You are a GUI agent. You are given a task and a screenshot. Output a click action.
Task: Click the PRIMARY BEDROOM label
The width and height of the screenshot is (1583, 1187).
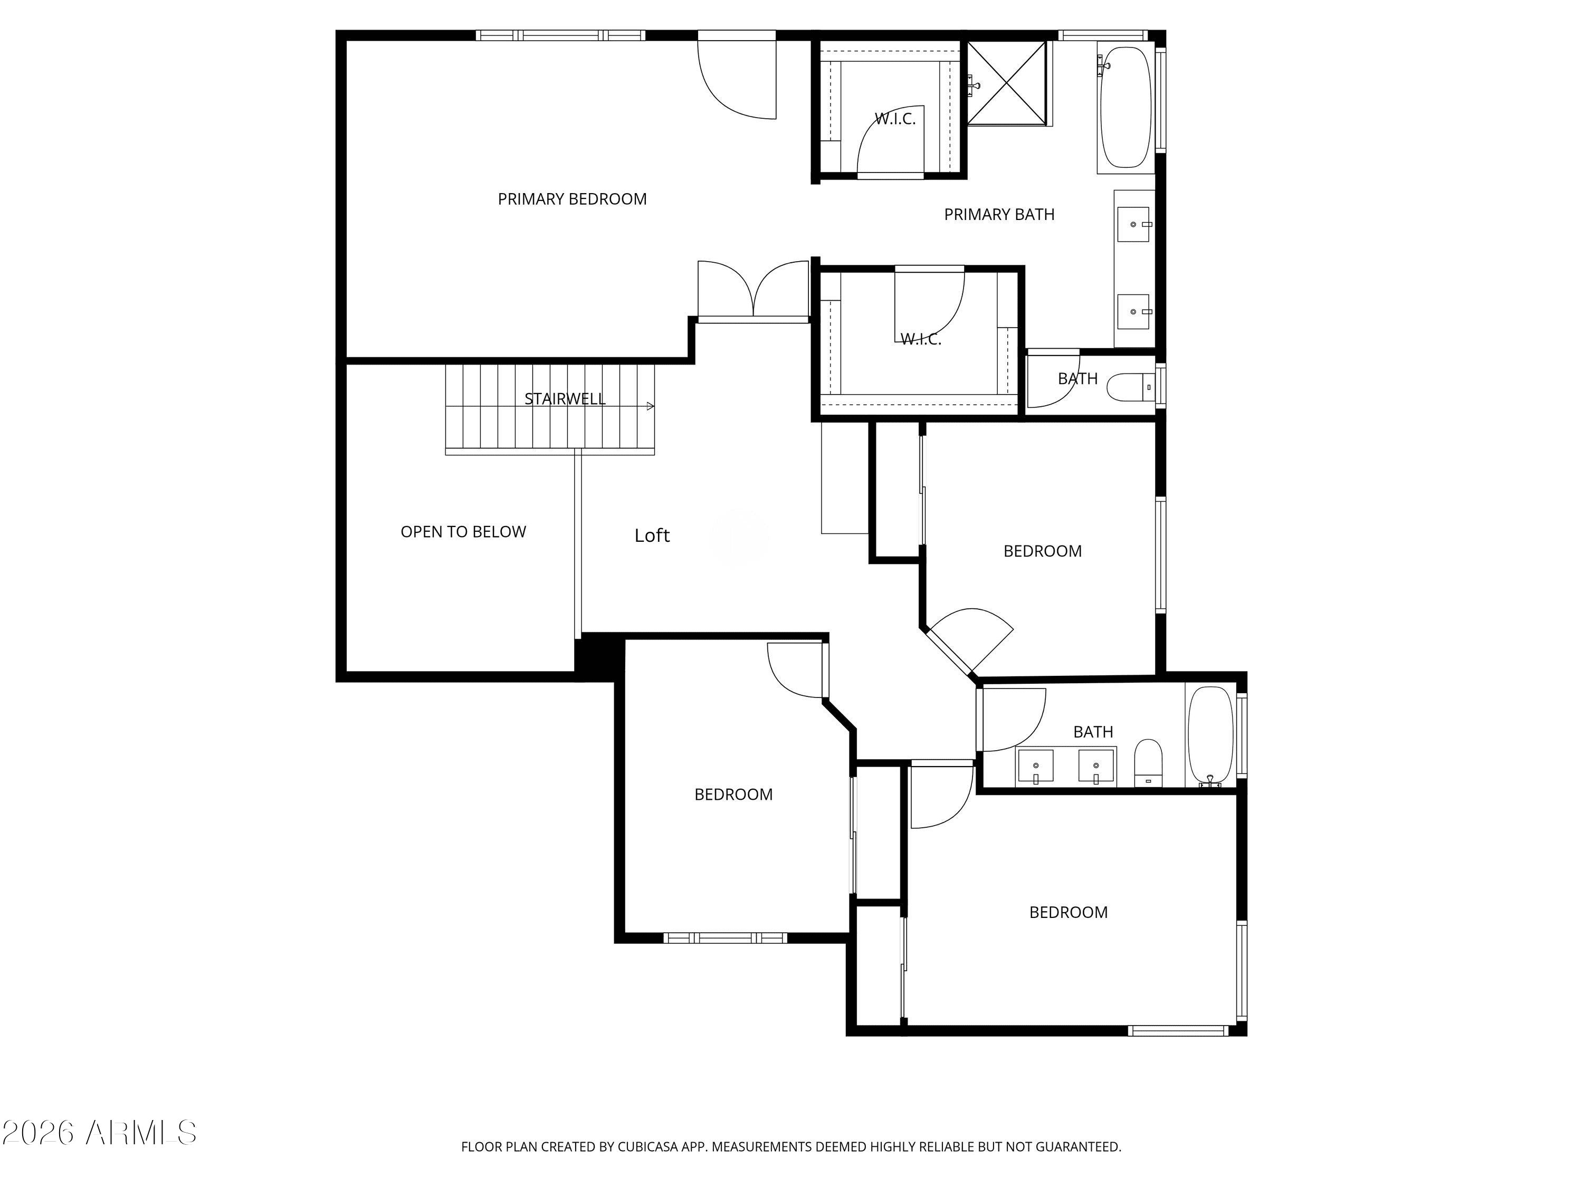tap(572, 199)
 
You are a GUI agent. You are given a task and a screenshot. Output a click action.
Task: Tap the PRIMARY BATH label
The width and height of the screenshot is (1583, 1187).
tap(999, 215)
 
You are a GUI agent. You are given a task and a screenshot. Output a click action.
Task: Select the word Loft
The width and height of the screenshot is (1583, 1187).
tap(652, 535)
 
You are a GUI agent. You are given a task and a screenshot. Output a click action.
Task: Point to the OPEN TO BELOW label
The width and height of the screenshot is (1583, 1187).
tap(463, 532)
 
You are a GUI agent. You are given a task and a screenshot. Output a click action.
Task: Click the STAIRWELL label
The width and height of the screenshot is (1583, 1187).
tap(565, 398)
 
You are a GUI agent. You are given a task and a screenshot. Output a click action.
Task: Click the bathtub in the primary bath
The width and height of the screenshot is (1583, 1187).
tap(1126, 107)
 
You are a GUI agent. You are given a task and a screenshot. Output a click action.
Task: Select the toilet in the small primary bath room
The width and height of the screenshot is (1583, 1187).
tap(1131, 388)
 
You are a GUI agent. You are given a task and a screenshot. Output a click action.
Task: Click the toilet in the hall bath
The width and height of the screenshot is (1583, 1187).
tap(1148, 763)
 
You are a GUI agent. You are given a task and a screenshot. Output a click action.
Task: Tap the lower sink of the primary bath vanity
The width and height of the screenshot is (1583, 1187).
tap(1133, 311)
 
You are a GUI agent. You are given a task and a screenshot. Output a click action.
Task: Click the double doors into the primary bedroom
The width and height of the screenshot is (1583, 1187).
tap(753, 289)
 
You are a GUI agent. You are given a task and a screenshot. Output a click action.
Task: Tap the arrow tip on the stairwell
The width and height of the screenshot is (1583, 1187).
tap(653, 406)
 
